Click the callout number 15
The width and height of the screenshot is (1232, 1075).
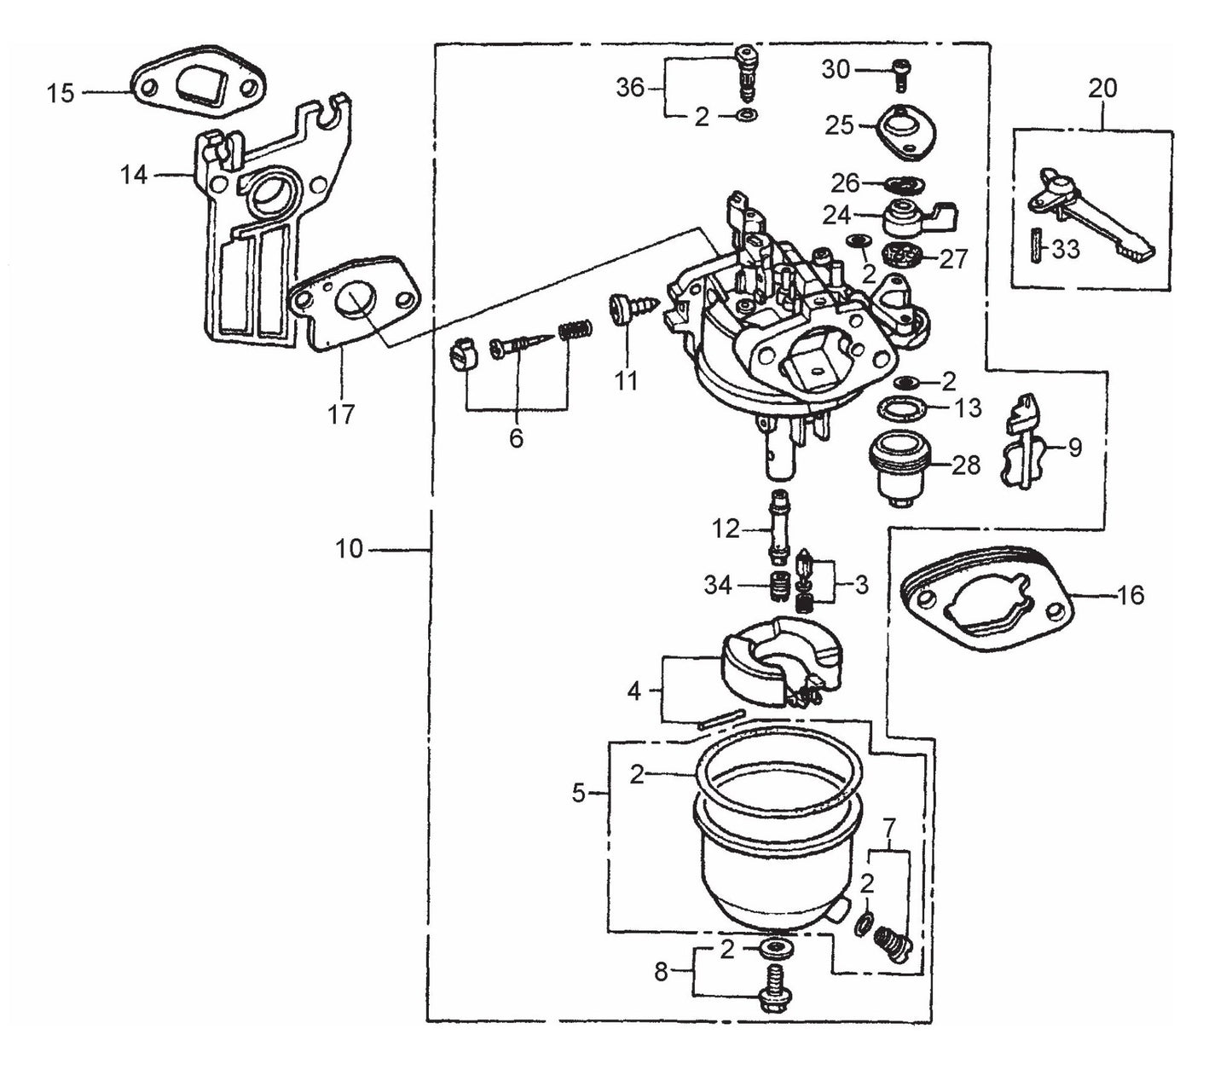61,92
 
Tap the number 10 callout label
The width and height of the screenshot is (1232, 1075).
349,549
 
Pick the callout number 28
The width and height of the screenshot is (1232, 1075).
965,465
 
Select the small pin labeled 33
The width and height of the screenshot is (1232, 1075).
1035,247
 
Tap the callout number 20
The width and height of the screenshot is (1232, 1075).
1102,88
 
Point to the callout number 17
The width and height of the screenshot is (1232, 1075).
341,414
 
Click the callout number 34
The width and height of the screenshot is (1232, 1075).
718,585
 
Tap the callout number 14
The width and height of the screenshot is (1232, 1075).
134,175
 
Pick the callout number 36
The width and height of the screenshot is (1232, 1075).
630,87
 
